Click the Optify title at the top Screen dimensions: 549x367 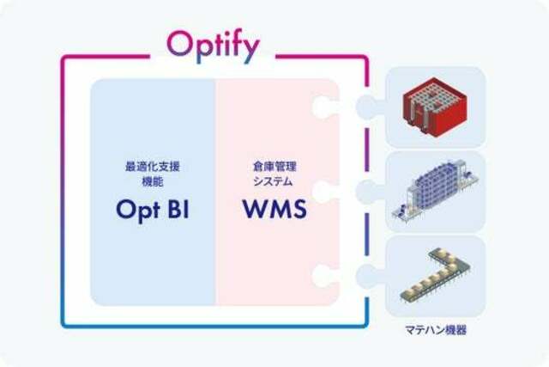[x=214, y=47]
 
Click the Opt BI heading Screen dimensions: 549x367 [x=153, y=211]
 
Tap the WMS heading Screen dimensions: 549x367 [x=274, y=209]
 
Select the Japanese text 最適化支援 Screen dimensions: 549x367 [x=153, y=166]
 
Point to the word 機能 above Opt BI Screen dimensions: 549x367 [x=153, y=181]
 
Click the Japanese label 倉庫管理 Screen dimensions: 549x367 [x=274, y=166]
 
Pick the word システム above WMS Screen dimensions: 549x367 [x=273, y=181]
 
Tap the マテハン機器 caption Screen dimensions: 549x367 [x=436, y=330]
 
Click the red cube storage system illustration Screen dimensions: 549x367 [x=435, y=104]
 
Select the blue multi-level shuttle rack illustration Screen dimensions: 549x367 [x=435, y=192]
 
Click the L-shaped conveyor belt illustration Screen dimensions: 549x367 [x=436, y=275]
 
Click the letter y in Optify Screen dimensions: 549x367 [x=250, y=51]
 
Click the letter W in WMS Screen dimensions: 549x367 [x=255, y=209]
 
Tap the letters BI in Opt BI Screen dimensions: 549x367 [x=178, y=209]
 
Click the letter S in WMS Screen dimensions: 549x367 [x=299, y=209]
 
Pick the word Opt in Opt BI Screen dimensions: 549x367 [x=138, y=211]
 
